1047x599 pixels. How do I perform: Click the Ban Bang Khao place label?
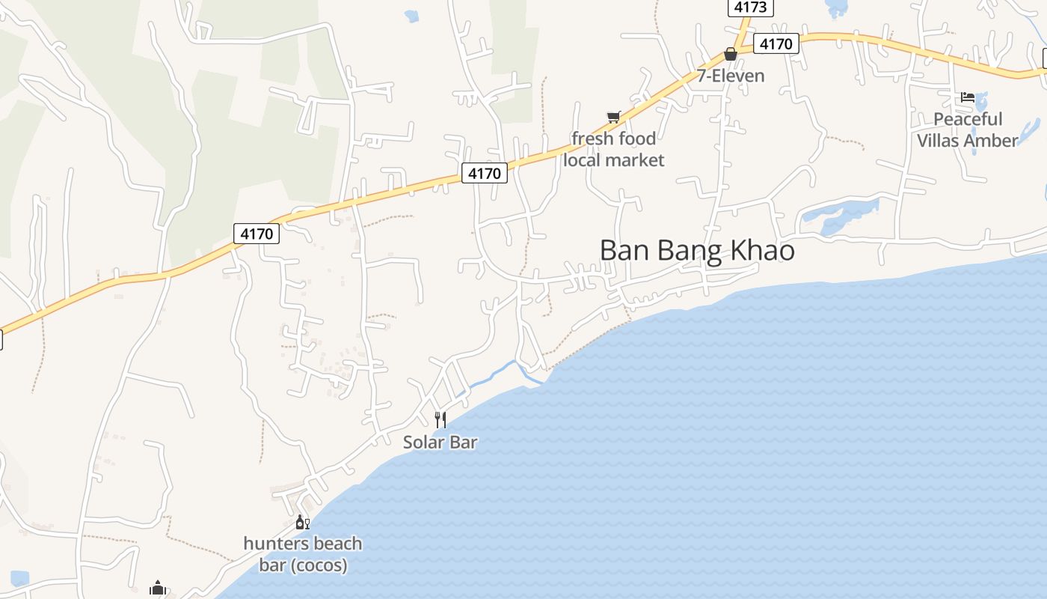[x=697, y=251]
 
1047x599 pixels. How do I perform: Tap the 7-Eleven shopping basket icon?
[x=731, y=55]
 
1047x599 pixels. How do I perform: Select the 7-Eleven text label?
[x=731, y=76]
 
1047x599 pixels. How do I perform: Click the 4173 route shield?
[x=750, y=7]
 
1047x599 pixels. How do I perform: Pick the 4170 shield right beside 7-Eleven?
[x=776, y=44]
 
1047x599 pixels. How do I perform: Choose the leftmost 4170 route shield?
[x=257, y=234]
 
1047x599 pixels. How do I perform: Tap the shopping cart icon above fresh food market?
[x=614, y=117]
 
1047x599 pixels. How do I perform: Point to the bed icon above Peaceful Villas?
[x=968, y=97]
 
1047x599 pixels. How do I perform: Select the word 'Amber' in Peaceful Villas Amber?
[x=990, y=141]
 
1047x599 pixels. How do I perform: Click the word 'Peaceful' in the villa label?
[x=968, y=119]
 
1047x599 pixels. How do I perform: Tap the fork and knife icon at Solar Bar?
[x=440, y=420]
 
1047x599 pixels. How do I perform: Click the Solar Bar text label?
[x=440, y=443]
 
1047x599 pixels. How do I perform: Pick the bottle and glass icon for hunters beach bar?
[x=302, y=522]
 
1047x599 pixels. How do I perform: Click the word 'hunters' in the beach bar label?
[x=271, y=544]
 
